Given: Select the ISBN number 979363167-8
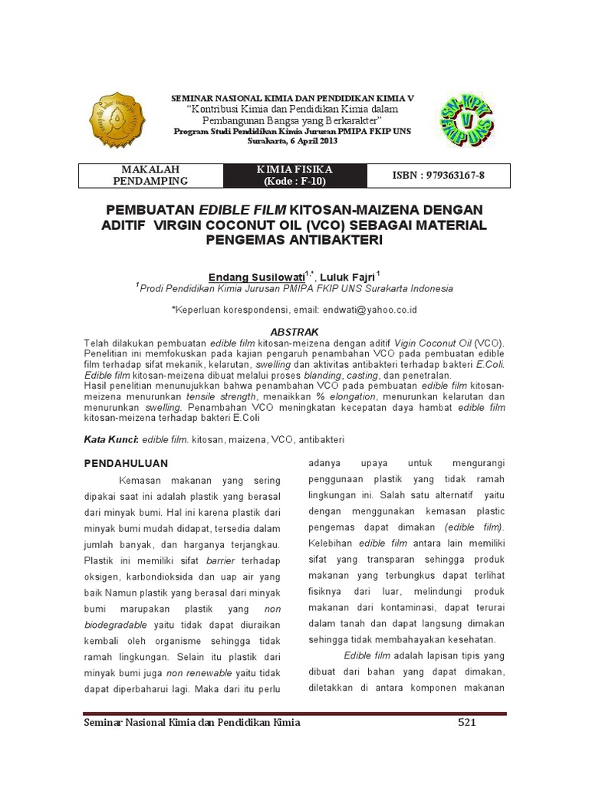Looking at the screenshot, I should pyautogui.click(x=439, y=176).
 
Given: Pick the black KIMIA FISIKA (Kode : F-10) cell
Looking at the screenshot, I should pyautogui.click(x=295, y=176).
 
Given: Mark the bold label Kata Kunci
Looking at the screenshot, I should pyautogui.click(x=110, y=441).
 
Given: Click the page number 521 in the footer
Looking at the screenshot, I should pyautogui.click(x=469, y=723).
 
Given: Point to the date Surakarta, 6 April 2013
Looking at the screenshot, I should pyautogui.click(x=294, y=140).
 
